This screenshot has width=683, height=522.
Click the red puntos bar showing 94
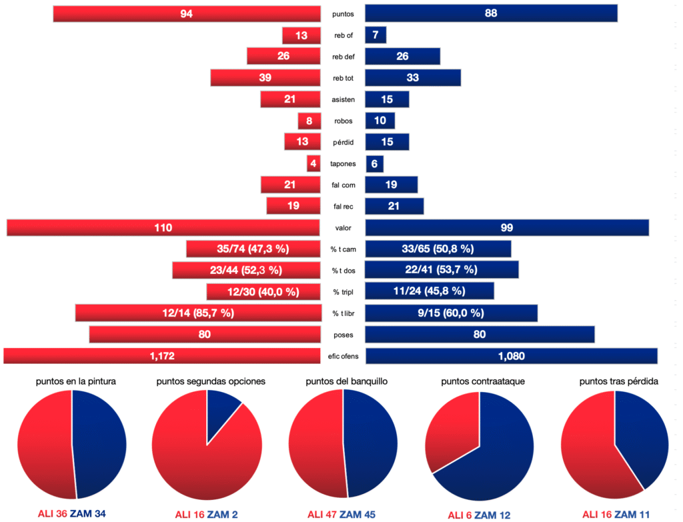187,13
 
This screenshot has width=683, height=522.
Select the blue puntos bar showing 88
491,13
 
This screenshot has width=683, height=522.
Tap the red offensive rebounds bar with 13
301,35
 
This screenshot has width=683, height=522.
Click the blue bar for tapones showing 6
374,163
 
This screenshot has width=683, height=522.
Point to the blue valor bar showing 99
507,227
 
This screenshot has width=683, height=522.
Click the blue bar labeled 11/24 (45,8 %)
430,291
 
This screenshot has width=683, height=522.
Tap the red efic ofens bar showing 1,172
162,355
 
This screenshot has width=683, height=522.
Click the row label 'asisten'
344,99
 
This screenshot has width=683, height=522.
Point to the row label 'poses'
344,334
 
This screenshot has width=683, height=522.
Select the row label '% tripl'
344,291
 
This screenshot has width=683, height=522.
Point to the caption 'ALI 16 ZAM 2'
206,514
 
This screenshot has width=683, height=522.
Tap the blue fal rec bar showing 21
394,206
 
